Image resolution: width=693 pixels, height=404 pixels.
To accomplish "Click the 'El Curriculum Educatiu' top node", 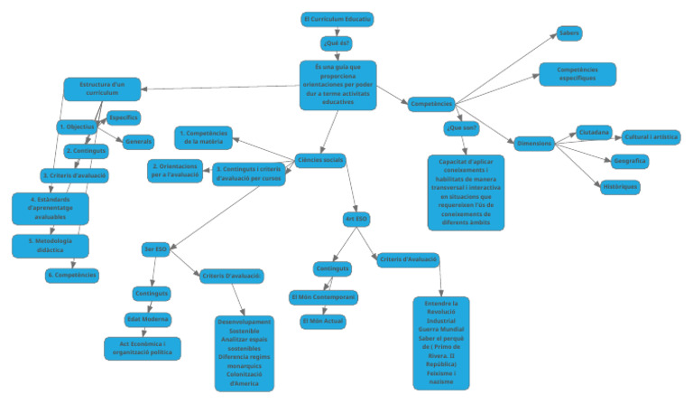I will click(337, 19).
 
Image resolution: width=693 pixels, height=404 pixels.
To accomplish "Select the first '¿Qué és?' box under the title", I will click(336, 42).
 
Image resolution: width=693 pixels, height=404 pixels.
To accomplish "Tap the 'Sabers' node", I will click(569, 33).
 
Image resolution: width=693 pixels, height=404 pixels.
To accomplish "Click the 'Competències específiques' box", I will click(577, 74).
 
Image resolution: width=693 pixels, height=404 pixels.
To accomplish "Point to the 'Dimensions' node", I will click(534, 143).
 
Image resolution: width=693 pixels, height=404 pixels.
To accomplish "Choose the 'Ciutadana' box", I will click(594, 133).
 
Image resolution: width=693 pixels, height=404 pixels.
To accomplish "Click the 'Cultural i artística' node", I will click(651, 136).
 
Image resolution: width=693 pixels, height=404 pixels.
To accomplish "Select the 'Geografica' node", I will click(629, 161).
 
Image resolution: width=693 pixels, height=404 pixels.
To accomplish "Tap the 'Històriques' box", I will click(620, 186).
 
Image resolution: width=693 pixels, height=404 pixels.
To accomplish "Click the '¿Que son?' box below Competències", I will click(461, 128).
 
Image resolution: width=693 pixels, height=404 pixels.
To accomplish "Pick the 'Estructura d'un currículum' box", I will click(100, 89).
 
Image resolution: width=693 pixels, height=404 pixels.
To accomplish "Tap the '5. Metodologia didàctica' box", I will click(50, 246).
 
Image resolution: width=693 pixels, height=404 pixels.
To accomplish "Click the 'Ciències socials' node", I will click(319, 160).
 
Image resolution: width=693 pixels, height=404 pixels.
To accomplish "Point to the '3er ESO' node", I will click(155, 249).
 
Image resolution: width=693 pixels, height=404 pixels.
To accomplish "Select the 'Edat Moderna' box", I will click(147, 319).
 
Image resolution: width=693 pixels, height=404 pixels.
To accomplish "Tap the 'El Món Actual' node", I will click(322, 321).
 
